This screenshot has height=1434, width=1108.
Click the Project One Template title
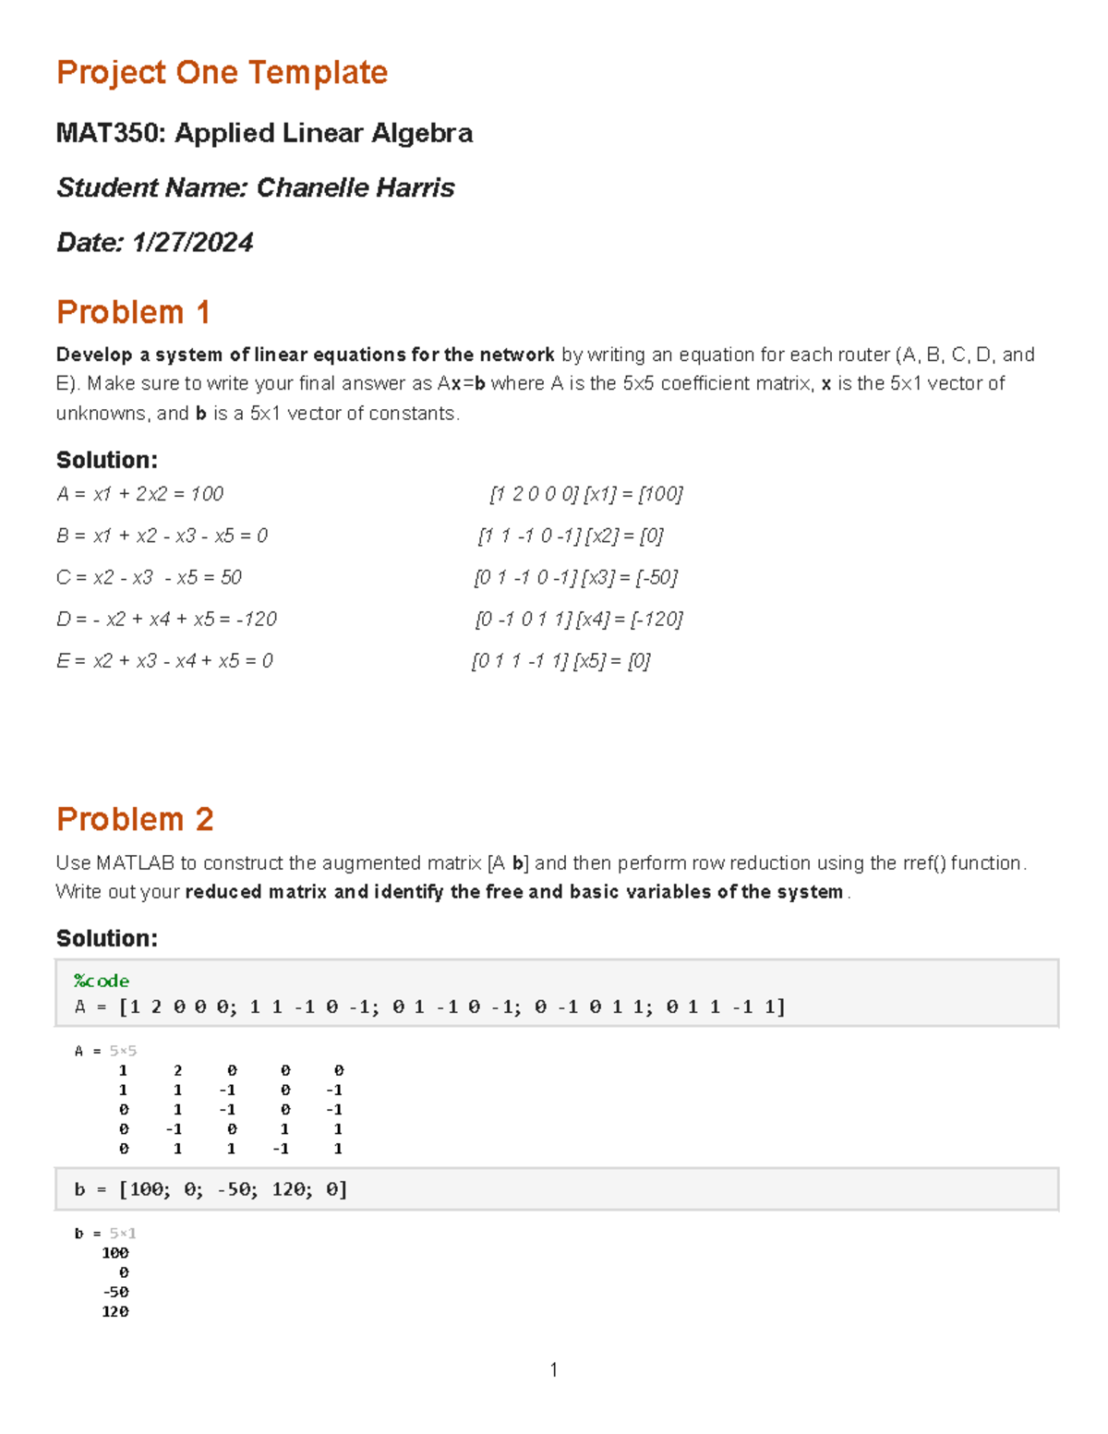point(222,72)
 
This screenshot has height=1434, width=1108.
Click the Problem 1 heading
point(133,312)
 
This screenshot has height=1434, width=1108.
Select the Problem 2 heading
point(135,819)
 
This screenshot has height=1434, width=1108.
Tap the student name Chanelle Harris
point(355,187)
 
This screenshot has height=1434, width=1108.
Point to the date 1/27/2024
point(192,242)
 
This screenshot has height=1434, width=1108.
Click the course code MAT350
point(110,133)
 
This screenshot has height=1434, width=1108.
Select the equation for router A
point(140,494)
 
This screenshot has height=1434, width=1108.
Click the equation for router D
point(166,619)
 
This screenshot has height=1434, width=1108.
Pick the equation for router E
point(164,660)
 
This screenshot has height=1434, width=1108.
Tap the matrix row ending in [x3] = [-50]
point(575,577)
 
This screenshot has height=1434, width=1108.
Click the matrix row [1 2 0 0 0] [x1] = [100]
point(585,494)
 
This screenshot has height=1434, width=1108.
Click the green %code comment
point(102,981)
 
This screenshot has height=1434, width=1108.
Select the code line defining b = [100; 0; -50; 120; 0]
point(211,1189)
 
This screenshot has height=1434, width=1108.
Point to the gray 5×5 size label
point(123,1051)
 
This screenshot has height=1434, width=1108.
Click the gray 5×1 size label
point(123,1234)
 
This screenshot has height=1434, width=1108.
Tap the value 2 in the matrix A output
point(177,1070)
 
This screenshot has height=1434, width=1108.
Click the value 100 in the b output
point(114,1253)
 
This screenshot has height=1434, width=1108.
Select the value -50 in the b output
point(115,1292)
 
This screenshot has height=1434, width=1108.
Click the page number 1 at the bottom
point(553,1369)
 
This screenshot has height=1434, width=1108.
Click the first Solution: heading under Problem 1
point(106,460)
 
